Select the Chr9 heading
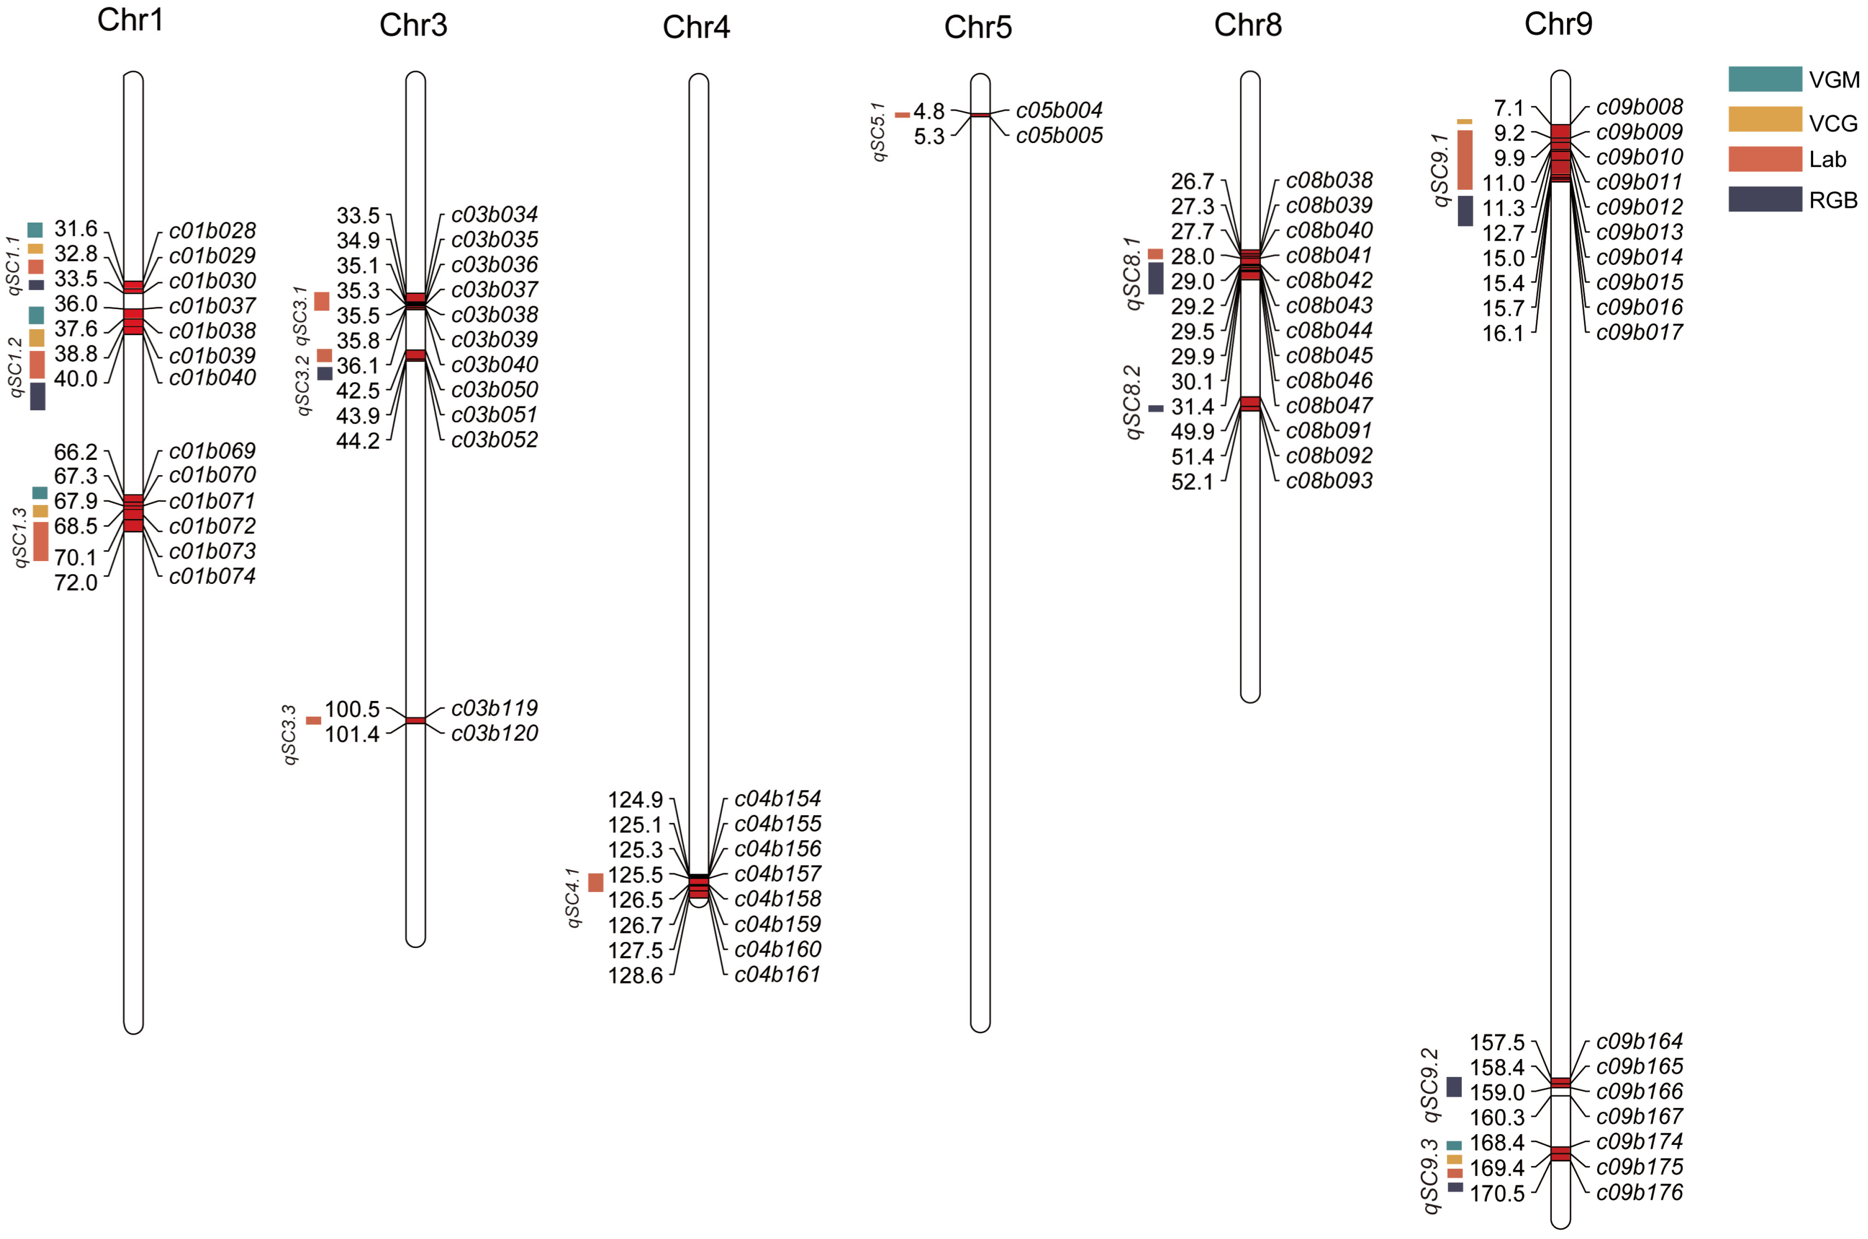point(1557,24)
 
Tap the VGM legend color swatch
point(1764,79)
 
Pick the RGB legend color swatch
point(1764,199)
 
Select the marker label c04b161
point(778,974)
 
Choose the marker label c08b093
point(1329,480)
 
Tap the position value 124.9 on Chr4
point(635,800)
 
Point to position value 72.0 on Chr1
point(76,583)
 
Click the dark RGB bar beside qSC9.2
point(1454,1086)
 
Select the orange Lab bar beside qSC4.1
point(596,883)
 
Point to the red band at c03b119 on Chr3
point(416,721)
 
